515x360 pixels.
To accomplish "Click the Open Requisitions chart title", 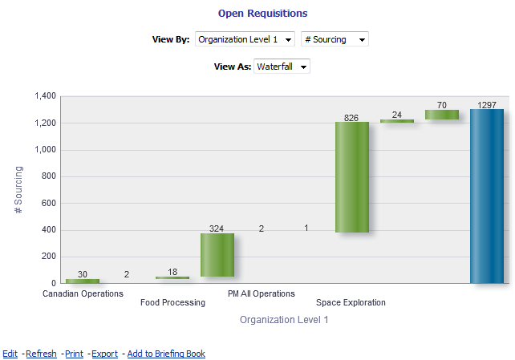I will click(x=262, y=14).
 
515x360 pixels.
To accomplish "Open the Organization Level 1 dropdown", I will click(x=245, y=39).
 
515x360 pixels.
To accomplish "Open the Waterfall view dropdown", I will click(x=282, y=67).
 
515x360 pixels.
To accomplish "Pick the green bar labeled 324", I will click(x=217, y=255).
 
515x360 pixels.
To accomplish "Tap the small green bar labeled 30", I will click(x=83, y=281).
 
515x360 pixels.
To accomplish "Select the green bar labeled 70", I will click(x=442, y=115).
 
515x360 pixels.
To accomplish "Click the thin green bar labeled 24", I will click(x=397, y=121).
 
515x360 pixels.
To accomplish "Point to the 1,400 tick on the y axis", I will click(x=45, y=96).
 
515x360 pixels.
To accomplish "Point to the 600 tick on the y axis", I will click(x=48, y=203).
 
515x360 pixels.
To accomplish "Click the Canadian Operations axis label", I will click(x=83, y=293).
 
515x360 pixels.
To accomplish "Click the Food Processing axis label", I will click(x=172, y=303).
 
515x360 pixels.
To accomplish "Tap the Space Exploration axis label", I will click(x=351, y=303).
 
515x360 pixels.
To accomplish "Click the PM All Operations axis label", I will click(x=262, y=293).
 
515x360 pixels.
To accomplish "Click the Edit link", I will click(x=10, y=354).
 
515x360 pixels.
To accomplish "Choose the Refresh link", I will click(x=41, y=354).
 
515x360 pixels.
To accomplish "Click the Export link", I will click(x=104, y=354).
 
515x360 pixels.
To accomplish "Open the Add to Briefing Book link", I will click(x=166, y=354).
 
